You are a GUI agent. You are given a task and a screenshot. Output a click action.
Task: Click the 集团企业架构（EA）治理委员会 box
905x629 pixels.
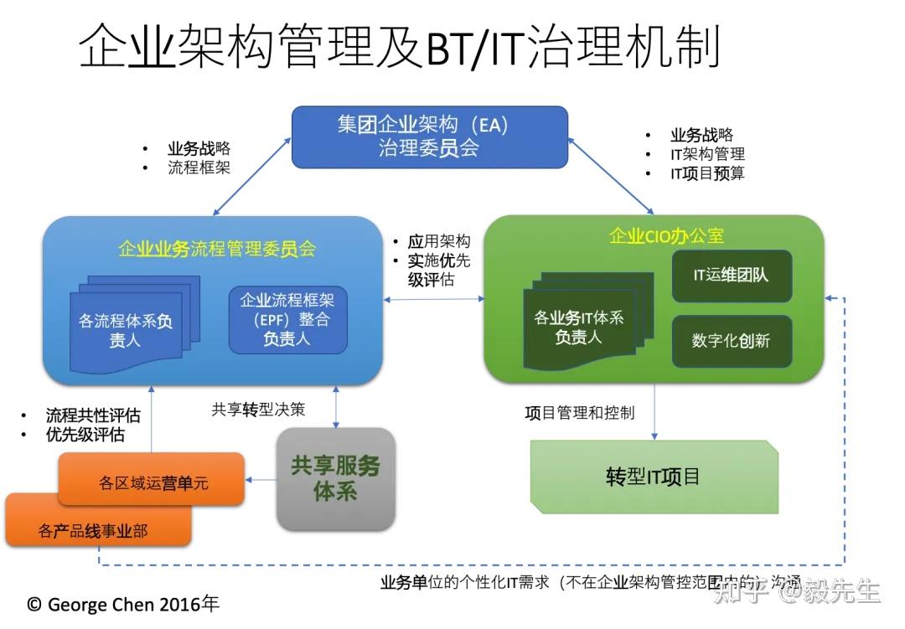pyautogui.click(x=429, y=137)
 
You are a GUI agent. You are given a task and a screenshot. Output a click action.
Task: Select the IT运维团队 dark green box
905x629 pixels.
pyautogui.click(x=732, y=276)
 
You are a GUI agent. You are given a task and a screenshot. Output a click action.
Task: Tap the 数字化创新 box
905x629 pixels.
pyautogui.click(x=732, y=341)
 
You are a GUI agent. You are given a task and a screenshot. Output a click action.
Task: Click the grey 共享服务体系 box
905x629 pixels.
pyautogui.click(x=335, y=478)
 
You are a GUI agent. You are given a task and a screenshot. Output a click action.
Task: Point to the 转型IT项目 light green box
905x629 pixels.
pyautogui.click(x=654, y=477)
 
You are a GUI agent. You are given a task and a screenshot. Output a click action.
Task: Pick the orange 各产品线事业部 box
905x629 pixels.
pyautogui.click(x=96, y=529)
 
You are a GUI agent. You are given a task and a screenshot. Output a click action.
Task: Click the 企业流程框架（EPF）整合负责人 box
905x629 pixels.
pyautogui.click(x=287, y=319)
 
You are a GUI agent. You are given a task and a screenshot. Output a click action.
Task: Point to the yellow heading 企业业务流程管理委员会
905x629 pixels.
pyautogui.click(x=217, y=249)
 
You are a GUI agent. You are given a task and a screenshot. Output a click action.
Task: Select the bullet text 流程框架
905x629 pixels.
pyautogui.click(x=199, y=168)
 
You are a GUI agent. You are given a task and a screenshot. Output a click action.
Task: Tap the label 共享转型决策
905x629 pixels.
pyautogui.click(x=258, y=410)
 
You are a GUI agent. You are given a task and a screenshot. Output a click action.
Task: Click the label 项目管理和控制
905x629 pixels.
pyautogui.click(x=580, y=413)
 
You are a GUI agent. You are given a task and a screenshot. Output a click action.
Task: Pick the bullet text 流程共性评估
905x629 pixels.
pyautogui.click(x=92, y=415)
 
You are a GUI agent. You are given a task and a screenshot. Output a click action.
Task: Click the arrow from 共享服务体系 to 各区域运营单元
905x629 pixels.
pyautogui.click(x=261, y=480)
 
